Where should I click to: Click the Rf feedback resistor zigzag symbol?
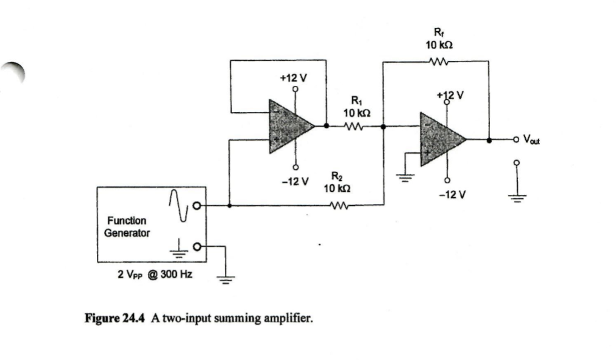(439, 60)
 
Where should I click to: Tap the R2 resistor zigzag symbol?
(337, 205)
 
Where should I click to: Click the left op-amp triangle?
(290, 127)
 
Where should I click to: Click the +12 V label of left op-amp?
(293, 78)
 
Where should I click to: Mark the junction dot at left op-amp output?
(326, 127)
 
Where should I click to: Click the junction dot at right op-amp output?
(489, 139)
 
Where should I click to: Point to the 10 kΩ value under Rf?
(438, 45)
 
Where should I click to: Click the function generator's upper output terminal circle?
(196, 205)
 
